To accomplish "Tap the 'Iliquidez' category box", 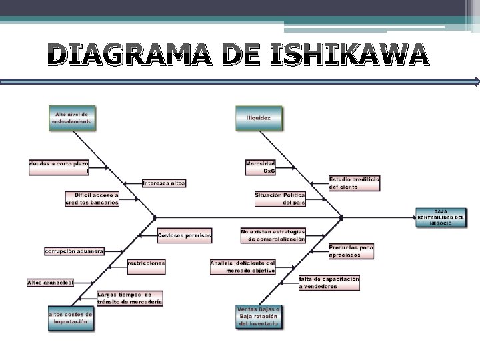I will [x=259, y=118].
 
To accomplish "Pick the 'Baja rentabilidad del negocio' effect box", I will [x=441, y=217].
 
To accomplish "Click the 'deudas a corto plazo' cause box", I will [x=59, y=167].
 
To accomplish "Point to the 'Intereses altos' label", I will [x=164, y=183].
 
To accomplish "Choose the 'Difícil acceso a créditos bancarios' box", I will [x=92, y=199].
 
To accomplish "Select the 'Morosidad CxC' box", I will [x=260, y=167].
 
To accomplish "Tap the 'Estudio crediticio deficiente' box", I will [x=354, y=183].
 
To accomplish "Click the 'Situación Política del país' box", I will [x=280, y=198].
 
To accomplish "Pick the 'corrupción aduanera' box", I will [x=74, y=251].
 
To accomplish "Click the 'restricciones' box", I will [x=146, y=263].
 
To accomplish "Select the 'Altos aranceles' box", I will [x=50, y=283].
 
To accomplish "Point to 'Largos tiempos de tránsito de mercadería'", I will [x=130, y=298].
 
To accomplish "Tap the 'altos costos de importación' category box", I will [x=70, y=317].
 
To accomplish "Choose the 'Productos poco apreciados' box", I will [x=351, y=251].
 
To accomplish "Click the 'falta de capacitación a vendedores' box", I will [x=329, y=282].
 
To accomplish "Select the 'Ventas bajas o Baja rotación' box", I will [x=259, y=317].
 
